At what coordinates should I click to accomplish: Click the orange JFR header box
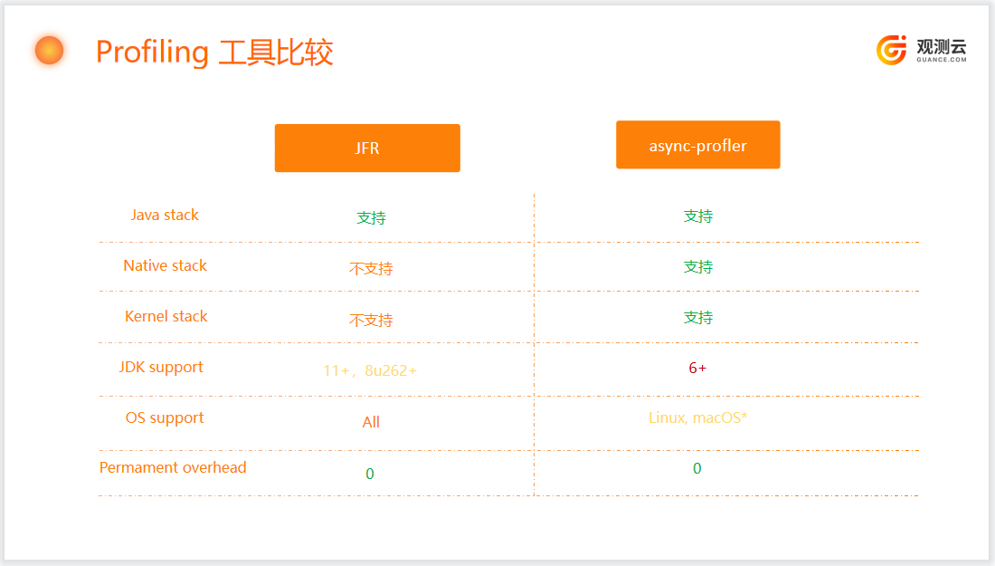(x=367, y=148)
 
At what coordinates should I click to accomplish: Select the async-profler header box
(x=698, y=145)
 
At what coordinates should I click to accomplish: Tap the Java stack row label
(x=165, y=215)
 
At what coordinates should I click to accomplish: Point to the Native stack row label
(x=165, y=265)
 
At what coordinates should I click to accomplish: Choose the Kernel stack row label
(x=166, y=316)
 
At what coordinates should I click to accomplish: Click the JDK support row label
(x=161, y=368)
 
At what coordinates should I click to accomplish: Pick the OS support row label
(x=165, y=418)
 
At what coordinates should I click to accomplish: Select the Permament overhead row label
(x=173, y=467)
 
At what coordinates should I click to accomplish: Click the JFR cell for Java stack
(x=371, y=218)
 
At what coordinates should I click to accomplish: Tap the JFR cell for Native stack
(x=371, y=269)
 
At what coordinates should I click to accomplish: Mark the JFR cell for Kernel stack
(x=371, y=321)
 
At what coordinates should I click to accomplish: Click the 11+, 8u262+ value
(x=370, y=370)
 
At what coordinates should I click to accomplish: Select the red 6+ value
(x=697, y=368)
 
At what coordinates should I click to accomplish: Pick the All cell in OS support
(x=371, y=422)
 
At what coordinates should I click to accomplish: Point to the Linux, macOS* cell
(x=698, y=417)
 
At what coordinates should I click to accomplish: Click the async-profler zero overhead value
(x=696, y=469)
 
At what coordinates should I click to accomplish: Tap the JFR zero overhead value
(x=370, y=474)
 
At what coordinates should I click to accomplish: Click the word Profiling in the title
(x=152, y=53)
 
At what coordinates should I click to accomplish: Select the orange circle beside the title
(x=50, y=50)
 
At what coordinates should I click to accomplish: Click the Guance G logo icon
(x=892, y=50)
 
